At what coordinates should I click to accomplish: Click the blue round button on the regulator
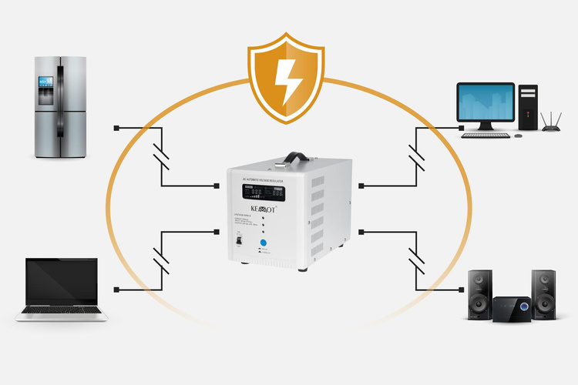[263, 242]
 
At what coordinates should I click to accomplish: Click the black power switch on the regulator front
[238, 242]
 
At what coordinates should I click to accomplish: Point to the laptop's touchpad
[62, 316]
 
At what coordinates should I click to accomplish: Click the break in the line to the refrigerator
[162, 156]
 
